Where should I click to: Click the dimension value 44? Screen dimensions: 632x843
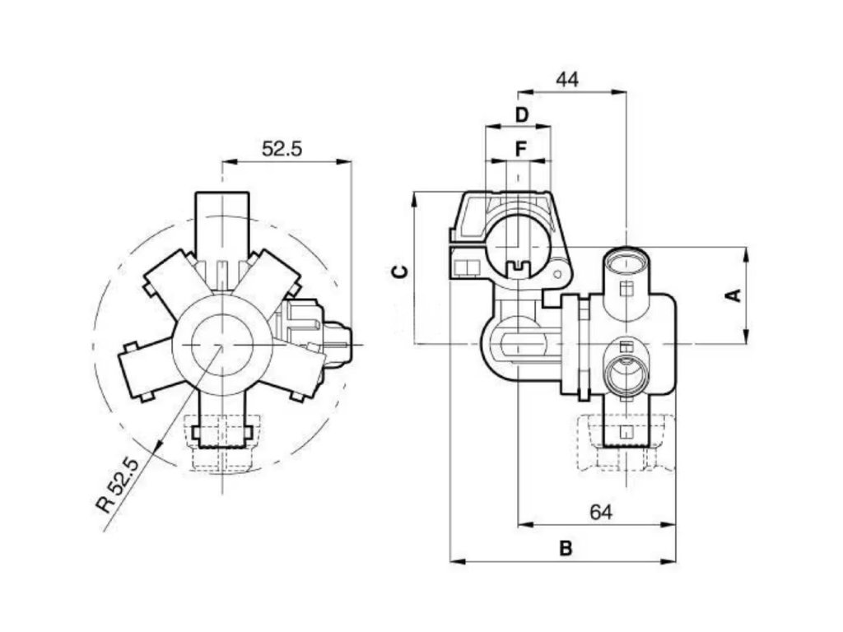[567, 80]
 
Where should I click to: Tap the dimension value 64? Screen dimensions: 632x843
[601, 512]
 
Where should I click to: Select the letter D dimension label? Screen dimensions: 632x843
[521, 114]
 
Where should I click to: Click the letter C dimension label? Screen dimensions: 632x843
[398, 272]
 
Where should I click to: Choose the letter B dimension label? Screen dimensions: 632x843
[566, 548]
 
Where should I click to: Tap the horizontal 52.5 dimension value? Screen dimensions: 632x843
[282, 149]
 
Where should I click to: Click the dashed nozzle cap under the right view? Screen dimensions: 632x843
[626, 448]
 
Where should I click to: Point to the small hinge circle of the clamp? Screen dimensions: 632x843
[560, 272]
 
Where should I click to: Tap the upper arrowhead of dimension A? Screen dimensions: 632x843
[745, 253]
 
